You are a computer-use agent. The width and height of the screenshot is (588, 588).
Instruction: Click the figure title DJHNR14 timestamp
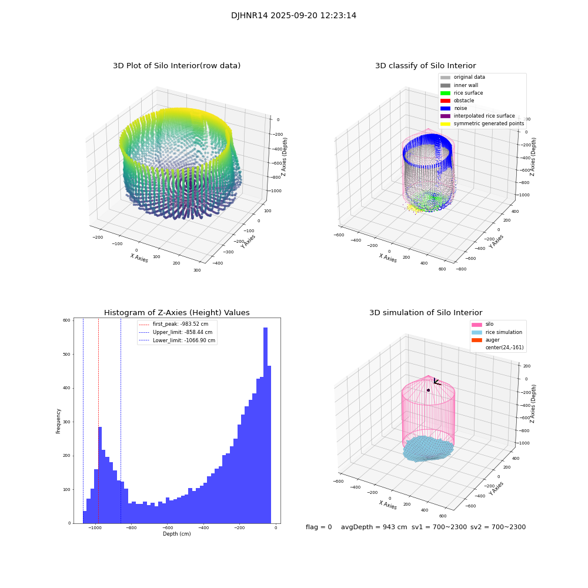pos(293,16)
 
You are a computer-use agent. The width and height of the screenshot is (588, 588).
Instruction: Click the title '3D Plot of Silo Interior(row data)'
pos(176,66)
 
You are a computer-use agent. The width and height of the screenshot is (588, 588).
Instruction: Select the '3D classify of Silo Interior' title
pos(425,66)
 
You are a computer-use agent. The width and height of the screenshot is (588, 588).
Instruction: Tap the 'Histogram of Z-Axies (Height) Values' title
pos(176,313)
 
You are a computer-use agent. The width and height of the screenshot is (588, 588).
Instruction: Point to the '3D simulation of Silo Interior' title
pos(425,313)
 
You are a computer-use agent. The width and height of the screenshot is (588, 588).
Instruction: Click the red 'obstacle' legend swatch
pos(445,101)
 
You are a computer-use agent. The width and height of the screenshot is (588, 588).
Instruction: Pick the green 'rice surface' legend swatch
pos(445,93)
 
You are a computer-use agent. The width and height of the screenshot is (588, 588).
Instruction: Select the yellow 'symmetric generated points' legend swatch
pos(445,123)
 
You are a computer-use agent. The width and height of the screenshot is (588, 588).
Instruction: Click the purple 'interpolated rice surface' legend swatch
pos(445,116)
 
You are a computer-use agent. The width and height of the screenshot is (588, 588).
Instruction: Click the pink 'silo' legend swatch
pos(476,325)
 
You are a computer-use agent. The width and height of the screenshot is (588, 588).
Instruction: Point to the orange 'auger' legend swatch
pos(476,340)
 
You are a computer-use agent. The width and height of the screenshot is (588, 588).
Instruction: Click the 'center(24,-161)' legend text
pos(504,348)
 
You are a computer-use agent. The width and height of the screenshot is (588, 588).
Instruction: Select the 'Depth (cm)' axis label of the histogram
pos(176,534)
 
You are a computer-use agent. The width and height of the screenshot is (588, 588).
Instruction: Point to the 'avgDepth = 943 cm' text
pos(374,527)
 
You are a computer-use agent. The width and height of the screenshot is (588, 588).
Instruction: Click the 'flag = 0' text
pos(319,527)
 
